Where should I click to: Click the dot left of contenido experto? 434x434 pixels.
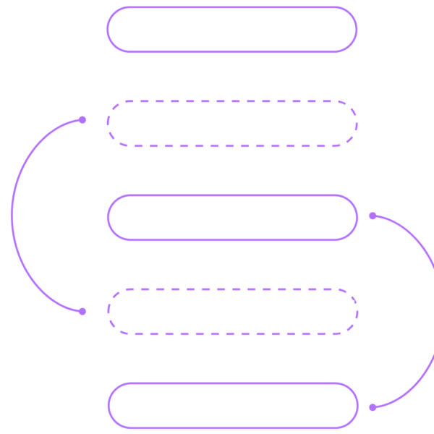tap(82, 119)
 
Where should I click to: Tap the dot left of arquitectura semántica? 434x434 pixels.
tap(82, 312)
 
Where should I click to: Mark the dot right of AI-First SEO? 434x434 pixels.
tap(373, 216)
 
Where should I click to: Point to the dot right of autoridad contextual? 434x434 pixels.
tap(373, 407)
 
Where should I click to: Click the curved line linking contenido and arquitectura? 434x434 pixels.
tap(13, 216)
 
